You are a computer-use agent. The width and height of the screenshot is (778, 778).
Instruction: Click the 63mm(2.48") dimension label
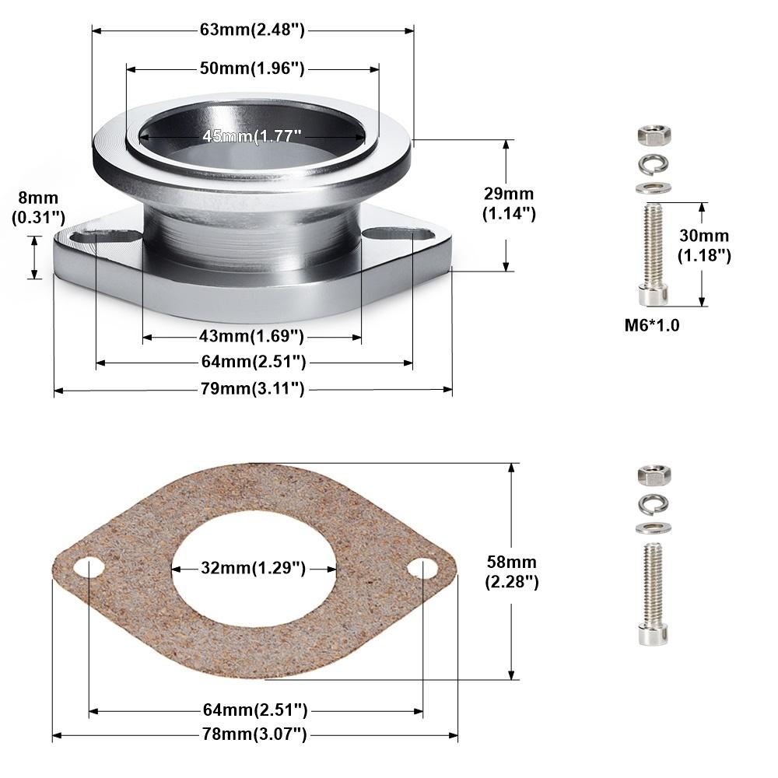click(x=252, y=30)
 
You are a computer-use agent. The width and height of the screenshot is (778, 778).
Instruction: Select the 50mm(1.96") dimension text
click(x=251, y=68)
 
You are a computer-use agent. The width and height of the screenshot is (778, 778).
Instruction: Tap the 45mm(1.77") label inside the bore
click(x=251, y=136)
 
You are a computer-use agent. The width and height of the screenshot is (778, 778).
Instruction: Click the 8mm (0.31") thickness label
click(x=34, y=208)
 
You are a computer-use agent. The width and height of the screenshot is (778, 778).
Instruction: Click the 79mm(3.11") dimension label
click(x=252, y=388)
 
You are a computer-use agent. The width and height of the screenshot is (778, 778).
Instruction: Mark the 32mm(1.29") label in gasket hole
click(x=252, y=568)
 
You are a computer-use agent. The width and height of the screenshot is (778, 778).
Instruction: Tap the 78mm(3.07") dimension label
click(x=254, y=733)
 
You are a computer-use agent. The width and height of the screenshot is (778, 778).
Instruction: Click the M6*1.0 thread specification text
click(x=652, y=325)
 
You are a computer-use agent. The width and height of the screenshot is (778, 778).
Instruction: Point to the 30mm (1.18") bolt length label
click(x=703, y=245)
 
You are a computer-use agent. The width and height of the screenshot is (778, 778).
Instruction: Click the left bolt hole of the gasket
click(x=89, y=568)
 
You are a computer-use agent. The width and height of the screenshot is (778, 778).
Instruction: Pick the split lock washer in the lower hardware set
click(x=654, y=504)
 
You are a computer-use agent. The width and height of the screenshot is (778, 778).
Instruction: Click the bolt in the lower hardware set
click(x=654, y=594)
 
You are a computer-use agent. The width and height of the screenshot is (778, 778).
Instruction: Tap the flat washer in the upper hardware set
click(x=654, y=187)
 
